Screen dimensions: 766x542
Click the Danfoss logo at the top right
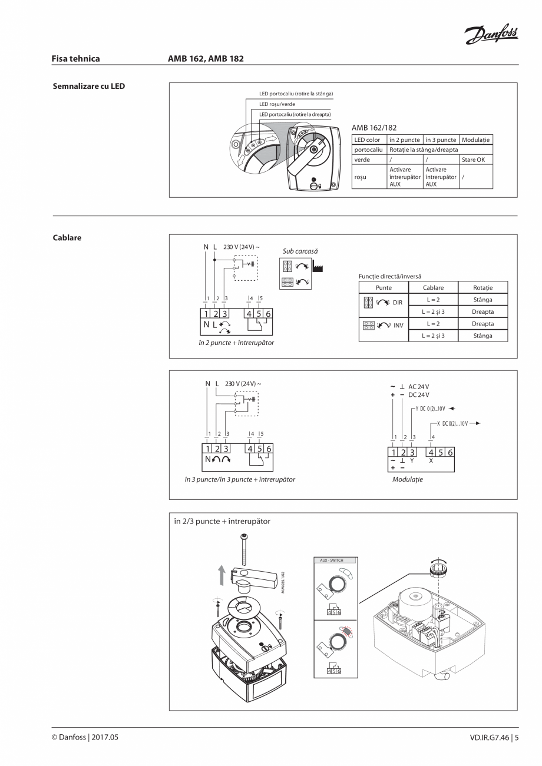point(491,36)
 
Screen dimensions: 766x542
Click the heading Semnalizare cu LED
point(89,86)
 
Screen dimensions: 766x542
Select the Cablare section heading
point(67,238)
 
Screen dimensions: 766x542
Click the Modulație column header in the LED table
point(475,140)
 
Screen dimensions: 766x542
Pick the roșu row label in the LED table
point(361,177)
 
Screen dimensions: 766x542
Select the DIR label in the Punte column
point(398,302)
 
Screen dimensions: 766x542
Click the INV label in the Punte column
point(398,325)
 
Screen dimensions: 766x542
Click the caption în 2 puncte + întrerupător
point(236,342)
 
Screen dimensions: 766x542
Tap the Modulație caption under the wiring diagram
point(408,479)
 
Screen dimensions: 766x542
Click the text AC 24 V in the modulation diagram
point(419,386)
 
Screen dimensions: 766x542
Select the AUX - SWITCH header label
point(331,561)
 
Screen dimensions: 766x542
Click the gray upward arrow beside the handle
point(222,575)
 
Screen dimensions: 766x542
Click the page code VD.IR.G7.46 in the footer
point(487,737)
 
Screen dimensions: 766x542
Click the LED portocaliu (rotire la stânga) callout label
point(296,94)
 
